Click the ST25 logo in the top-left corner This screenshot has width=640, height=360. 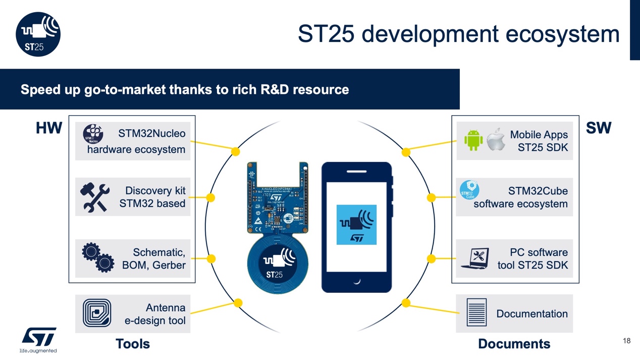coord(38,34)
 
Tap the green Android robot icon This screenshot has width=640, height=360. coord(473,140)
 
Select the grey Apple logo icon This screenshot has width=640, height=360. coord(496,140)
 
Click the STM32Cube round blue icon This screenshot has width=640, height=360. coord(469,190)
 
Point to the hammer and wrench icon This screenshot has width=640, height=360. coord(95,197)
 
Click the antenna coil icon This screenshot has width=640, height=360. coord(96,313)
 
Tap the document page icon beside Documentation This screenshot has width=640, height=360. coord(476,312)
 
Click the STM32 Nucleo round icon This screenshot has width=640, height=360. coord(93,134)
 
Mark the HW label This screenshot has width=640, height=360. coord(49,128)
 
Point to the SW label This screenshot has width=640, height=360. coord(599,128)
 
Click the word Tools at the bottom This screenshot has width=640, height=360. coord(133,344)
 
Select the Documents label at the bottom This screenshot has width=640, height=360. coord(514,344)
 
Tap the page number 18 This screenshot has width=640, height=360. coord(626,341)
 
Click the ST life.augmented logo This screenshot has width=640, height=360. coord(39,339)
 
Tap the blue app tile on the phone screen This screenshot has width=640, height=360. coord(356,225)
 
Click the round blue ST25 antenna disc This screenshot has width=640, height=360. coord(275,264)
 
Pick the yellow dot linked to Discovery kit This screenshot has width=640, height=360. coord(211,197)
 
